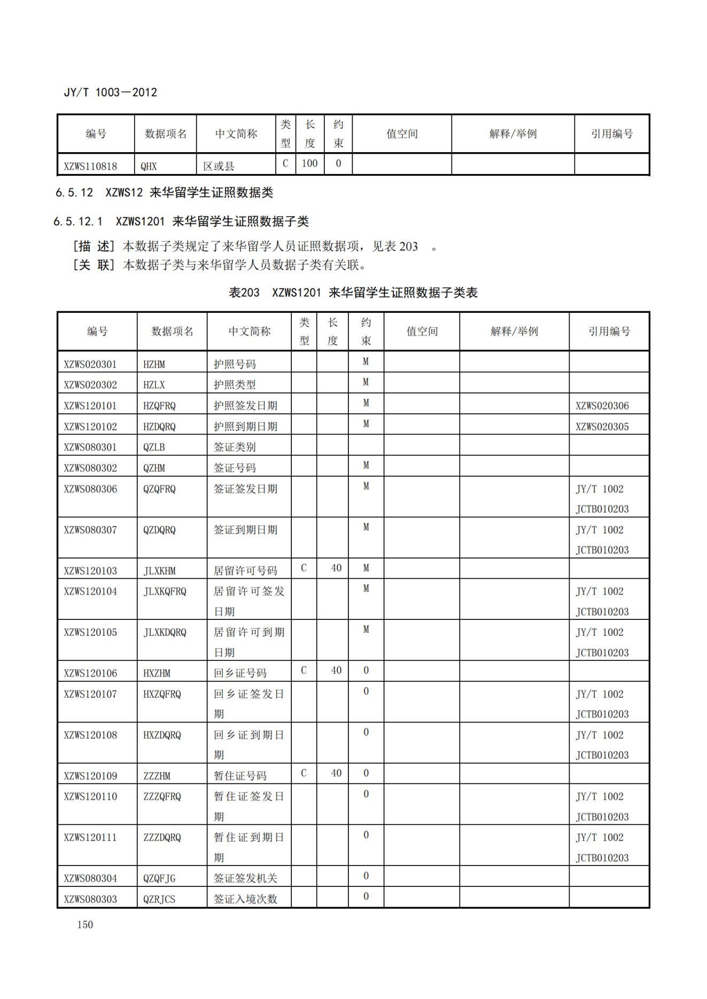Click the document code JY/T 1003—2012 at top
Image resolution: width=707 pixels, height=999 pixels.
[111, 92]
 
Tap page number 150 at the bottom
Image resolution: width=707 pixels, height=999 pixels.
[85, 924]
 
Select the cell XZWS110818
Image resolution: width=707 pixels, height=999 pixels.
[90, 166]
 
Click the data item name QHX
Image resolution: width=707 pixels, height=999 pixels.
[149, 166]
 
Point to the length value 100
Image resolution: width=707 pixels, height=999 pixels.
[309, 163]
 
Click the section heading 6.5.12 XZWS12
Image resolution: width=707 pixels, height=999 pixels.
[164, 192]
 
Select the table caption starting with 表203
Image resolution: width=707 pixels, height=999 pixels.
[353, 293]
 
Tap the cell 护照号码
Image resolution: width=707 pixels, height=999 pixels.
[235, 364]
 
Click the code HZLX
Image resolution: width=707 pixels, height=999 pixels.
[154, 385]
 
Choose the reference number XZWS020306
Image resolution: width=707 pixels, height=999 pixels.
[602, 406]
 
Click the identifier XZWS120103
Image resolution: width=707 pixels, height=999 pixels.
[90, 570]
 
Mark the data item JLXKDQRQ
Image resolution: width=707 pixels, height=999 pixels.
[165, 632]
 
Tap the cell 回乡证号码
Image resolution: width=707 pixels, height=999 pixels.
[240, 673]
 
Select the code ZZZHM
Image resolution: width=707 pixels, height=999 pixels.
[157, 776]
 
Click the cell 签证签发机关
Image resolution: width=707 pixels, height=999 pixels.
[245, 878]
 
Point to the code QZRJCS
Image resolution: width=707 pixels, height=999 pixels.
[159, 899]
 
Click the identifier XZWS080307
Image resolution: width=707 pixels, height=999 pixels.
[90, 530]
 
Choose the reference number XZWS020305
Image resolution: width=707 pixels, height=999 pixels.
[602, 427]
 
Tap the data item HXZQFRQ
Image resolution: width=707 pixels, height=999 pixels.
[162, 694]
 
